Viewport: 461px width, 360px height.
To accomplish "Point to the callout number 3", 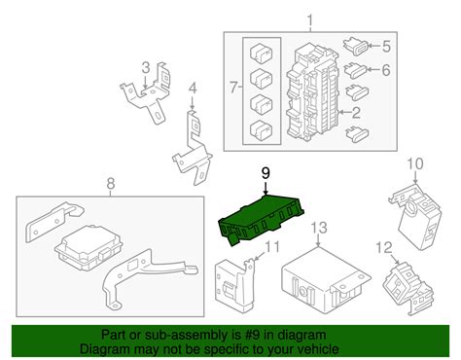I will coord(146,67).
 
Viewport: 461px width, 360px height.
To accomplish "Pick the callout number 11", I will coord(273,247).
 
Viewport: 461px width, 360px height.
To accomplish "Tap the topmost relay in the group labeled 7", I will coord(262,54).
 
